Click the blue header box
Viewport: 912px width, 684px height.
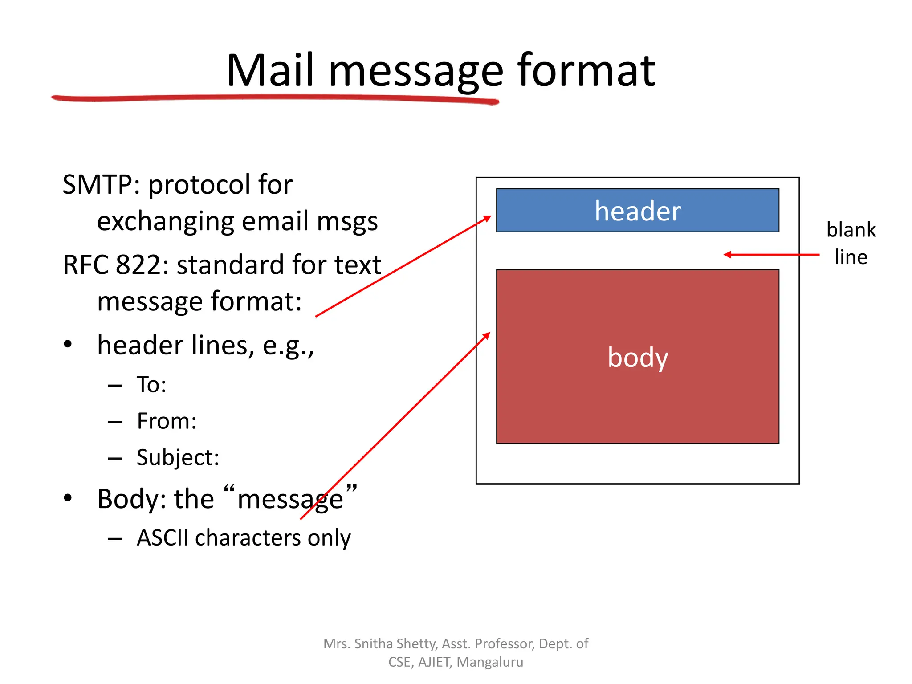tap(637, 211)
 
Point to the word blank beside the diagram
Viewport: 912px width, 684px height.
tap(851, 230)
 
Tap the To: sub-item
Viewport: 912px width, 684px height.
tap(151, 385)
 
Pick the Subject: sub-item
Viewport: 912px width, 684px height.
tap(178, 458)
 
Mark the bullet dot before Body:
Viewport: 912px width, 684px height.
tap(68, 498)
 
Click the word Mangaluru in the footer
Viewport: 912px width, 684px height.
tap(490, 662)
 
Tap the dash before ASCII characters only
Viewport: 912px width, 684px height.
tap(115, 538)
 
